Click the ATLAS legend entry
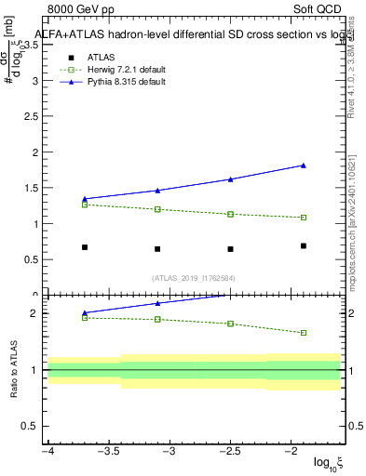[101, 57]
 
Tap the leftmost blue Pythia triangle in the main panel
[85, 199]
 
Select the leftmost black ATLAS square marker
[85, 247]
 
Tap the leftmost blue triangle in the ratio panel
[85, 313]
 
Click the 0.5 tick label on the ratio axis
[33, 426]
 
